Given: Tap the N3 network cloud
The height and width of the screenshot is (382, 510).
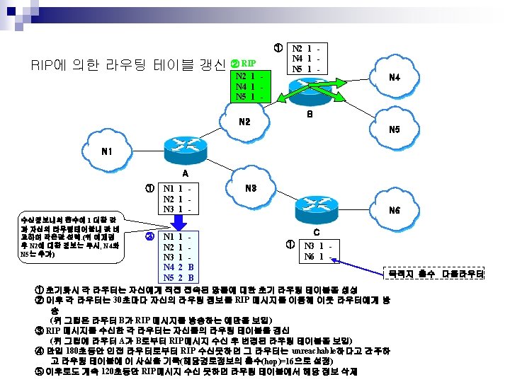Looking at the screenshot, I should point(250,187).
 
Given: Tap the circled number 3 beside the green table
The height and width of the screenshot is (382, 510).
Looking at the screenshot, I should point(149,236).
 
